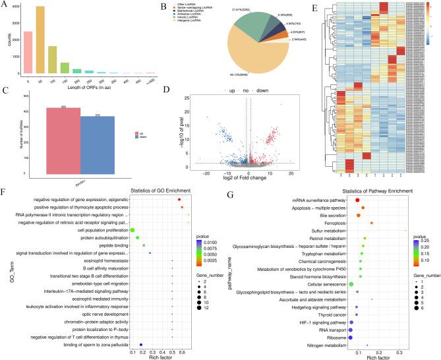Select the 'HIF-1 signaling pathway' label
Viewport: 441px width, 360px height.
point(322,322)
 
